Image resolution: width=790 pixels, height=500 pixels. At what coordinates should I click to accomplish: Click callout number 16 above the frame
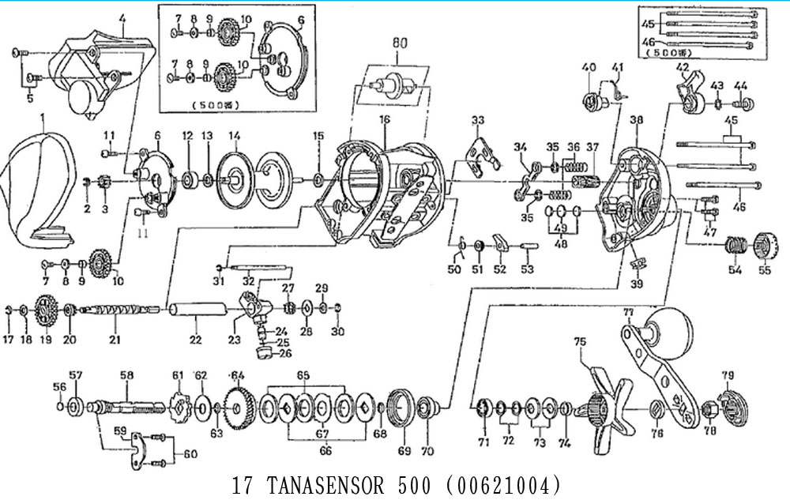384,119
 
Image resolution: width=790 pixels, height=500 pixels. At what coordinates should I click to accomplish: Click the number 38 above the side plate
637,120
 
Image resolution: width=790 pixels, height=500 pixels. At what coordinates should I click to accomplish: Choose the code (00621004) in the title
502,483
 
